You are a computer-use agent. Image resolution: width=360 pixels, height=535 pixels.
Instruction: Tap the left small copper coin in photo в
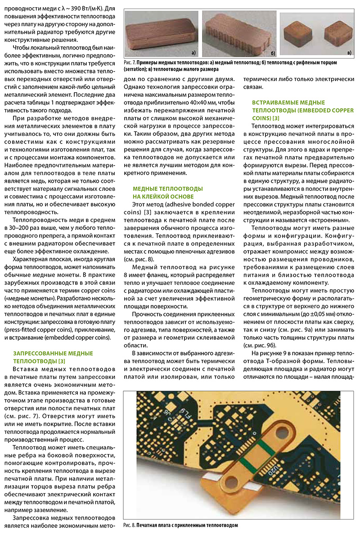299,32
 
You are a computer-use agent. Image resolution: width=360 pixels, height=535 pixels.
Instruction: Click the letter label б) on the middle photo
271,52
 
